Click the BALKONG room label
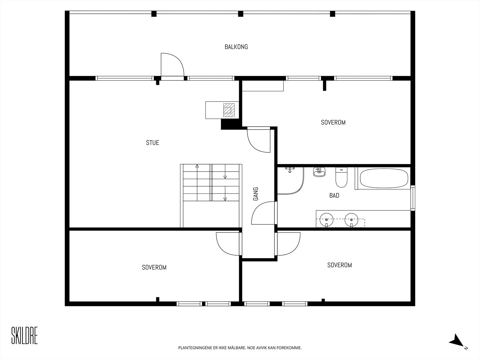pos(236,47)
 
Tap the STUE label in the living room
pos(152,143)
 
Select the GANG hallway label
pos(255,194)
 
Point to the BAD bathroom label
pos(334,195)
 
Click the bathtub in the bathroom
pos(384,178)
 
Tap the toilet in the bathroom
pos(341,177)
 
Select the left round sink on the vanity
pos(326,220)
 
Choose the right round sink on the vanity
pos(351,220)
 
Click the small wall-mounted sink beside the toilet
pos(319,172)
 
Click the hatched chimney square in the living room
pos(229,110)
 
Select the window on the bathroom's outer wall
pos(413,198)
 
